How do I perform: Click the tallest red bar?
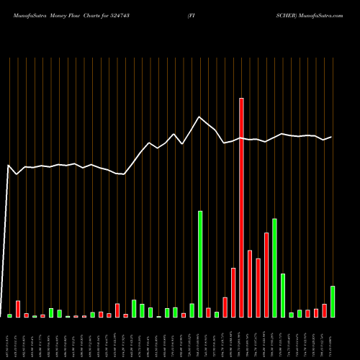(x=241, y=207)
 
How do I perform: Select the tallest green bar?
(x=200, y=264)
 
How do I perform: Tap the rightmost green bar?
(x=333, y=302)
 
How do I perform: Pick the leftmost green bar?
(x=9, y=315)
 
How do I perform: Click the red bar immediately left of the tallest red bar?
(x=233, y=292)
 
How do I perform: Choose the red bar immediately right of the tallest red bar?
(x=250, y=284)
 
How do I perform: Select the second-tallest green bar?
(x=274, y=267)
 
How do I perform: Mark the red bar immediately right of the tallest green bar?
(x=209, y=312)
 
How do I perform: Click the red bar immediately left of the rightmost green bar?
(x=324, y=310)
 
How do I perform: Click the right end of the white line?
(x=331, y=137)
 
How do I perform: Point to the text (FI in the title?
(x=191, y=14)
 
